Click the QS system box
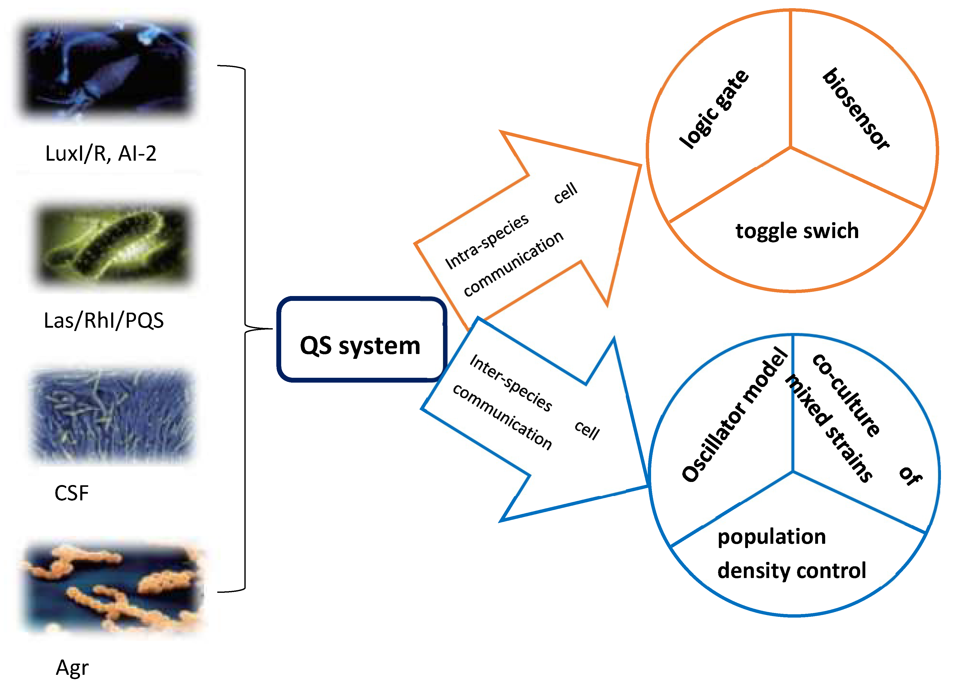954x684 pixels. pos(360,340)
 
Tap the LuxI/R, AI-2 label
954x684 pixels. pos(101,154)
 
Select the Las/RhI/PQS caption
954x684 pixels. pos(104,320)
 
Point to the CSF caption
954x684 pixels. pos(72,493)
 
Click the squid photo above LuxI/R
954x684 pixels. pos(107,69)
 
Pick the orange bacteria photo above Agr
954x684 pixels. pos(113,586)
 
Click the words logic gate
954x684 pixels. pos(714,109)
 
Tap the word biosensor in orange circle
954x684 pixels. pos(856,109)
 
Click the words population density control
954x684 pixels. pos(791,554)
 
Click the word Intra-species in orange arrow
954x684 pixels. pos(487,241)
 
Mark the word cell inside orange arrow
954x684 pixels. pos(565,193)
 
